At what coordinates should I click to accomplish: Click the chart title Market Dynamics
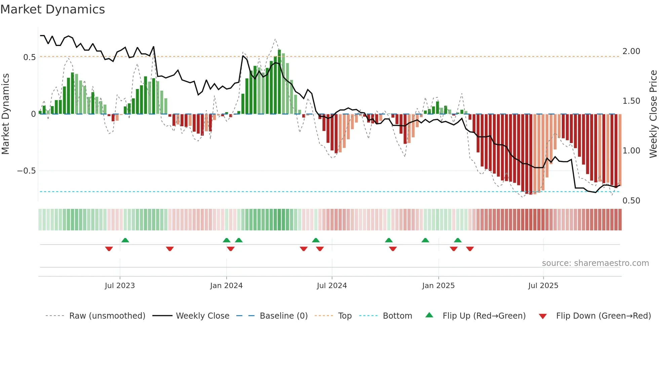point(53,9)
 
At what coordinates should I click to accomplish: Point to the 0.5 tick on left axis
point(29,57)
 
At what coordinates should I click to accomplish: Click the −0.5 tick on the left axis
point(26,171)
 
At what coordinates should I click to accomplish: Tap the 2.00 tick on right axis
point(631,51)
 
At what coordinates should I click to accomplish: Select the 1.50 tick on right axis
point(631,101)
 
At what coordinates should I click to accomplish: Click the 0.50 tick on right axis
point(631,201)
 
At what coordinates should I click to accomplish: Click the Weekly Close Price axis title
point(653,114)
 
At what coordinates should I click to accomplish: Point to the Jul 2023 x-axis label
point(120,286)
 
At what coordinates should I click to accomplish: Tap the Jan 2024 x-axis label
point(226,286)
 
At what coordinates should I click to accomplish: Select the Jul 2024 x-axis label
point(332,286)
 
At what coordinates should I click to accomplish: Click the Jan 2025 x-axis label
point(438,286)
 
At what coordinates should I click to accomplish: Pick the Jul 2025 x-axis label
point(543,286)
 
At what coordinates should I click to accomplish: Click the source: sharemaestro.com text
point(595,263)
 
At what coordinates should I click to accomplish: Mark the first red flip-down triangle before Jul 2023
point(109,249)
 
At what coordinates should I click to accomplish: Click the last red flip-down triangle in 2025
point(470,249)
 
